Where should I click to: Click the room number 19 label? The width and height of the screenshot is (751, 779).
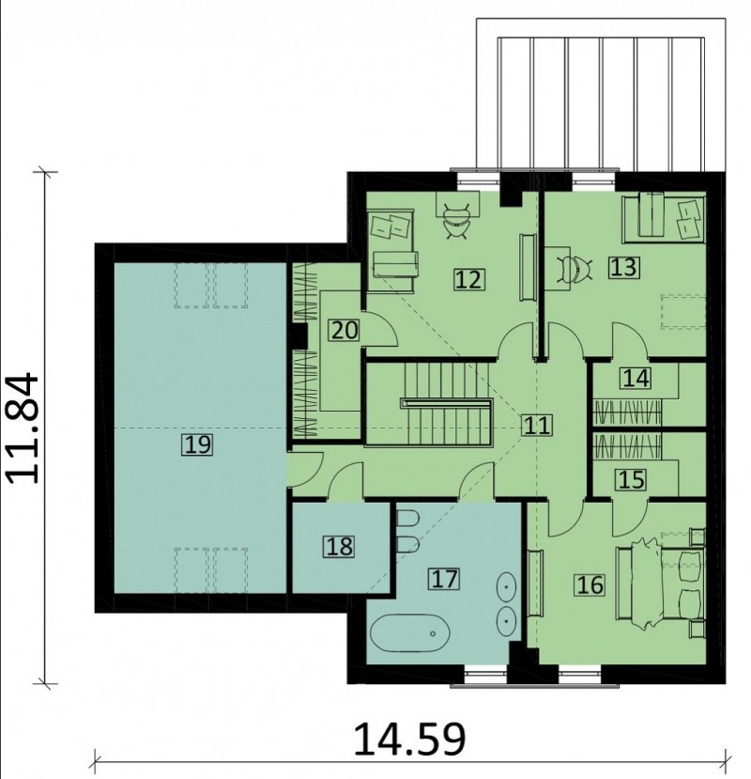pyautogui.click(x=197, y=444)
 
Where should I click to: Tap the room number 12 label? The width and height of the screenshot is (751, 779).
pyautogui.click(x=468, y=279)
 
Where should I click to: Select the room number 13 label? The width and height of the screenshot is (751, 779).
pyautogui.click(x=624, y=267)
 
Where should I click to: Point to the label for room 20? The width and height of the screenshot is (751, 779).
pyautogui.click(x=345, y=330)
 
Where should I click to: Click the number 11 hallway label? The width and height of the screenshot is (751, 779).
pyautogui.click(x=537, y=426)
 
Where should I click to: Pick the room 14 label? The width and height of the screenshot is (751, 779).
pyautogui.click(x=636, y=378)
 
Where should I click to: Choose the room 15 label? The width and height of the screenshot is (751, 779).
pyautogui.click(x=632, y=480)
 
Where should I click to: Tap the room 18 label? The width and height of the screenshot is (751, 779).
pyautogui.click(x=340, y=546)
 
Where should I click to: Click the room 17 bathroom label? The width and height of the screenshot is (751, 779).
pyautogui.click(x=444, y=579)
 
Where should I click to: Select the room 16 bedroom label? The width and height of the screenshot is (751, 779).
pyautogui.click(x=590, y=584)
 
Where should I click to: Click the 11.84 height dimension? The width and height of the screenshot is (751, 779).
pyautogui.click(x=23, y=428)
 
